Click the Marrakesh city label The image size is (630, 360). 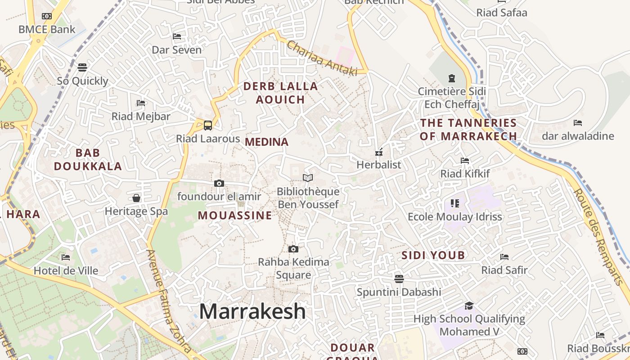[x=252, y=311]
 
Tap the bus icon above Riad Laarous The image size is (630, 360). [x=208, y=125]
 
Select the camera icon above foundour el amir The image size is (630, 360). [x=219, y=183]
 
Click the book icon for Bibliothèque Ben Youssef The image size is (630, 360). [x=308, y=178]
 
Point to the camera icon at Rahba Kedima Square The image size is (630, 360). [x=293, y=249]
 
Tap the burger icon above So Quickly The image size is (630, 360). [x=82, y=67]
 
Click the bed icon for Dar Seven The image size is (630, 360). [x=177, y=36]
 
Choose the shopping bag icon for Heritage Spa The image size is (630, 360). [x=136, y=198]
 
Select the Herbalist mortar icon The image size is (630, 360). [x=379, y=152]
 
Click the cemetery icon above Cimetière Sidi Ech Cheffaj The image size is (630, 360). [x=452, y=78]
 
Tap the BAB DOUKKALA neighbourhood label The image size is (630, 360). [x=88, y=159]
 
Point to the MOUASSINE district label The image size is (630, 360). [x=235, y=216]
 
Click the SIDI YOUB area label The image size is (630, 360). [x=433, y=256]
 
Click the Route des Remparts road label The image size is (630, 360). [x=601, y=236]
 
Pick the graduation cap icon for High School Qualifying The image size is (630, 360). [x=469, y=306]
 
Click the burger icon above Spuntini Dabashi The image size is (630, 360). [x=399, y=279]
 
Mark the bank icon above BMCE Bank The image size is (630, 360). [x=47, y=16]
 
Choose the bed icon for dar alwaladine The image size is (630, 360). [x=578, y=122]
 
